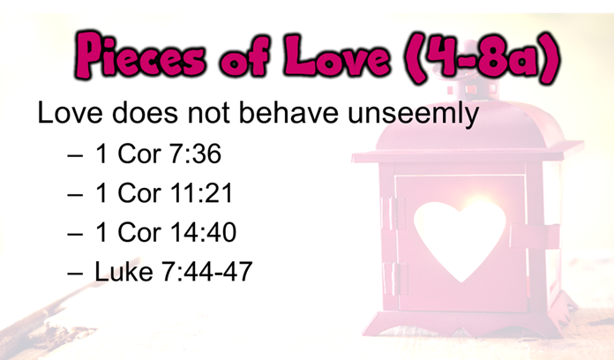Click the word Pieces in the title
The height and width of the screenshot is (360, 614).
[139, 55]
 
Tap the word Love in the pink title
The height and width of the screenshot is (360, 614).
[337, 55]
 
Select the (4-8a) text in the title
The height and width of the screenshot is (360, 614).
[484, 57]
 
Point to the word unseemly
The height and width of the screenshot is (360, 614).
[413, 114]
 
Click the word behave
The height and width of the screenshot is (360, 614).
[288, 112]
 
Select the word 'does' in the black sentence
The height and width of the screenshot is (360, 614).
[145, 112]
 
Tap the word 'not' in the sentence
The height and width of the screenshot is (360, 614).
[208, 114]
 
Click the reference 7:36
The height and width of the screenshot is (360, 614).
[195, 154]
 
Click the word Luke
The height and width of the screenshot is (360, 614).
[124, 271]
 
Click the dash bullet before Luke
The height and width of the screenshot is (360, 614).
[75, 273]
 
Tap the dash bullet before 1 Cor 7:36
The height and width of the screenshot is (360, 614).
[75, 155]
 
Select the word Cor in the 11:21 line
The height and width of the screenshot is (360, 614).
[139, 192]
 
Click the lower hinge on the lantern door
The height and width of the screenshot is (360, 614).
[393, 279]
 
